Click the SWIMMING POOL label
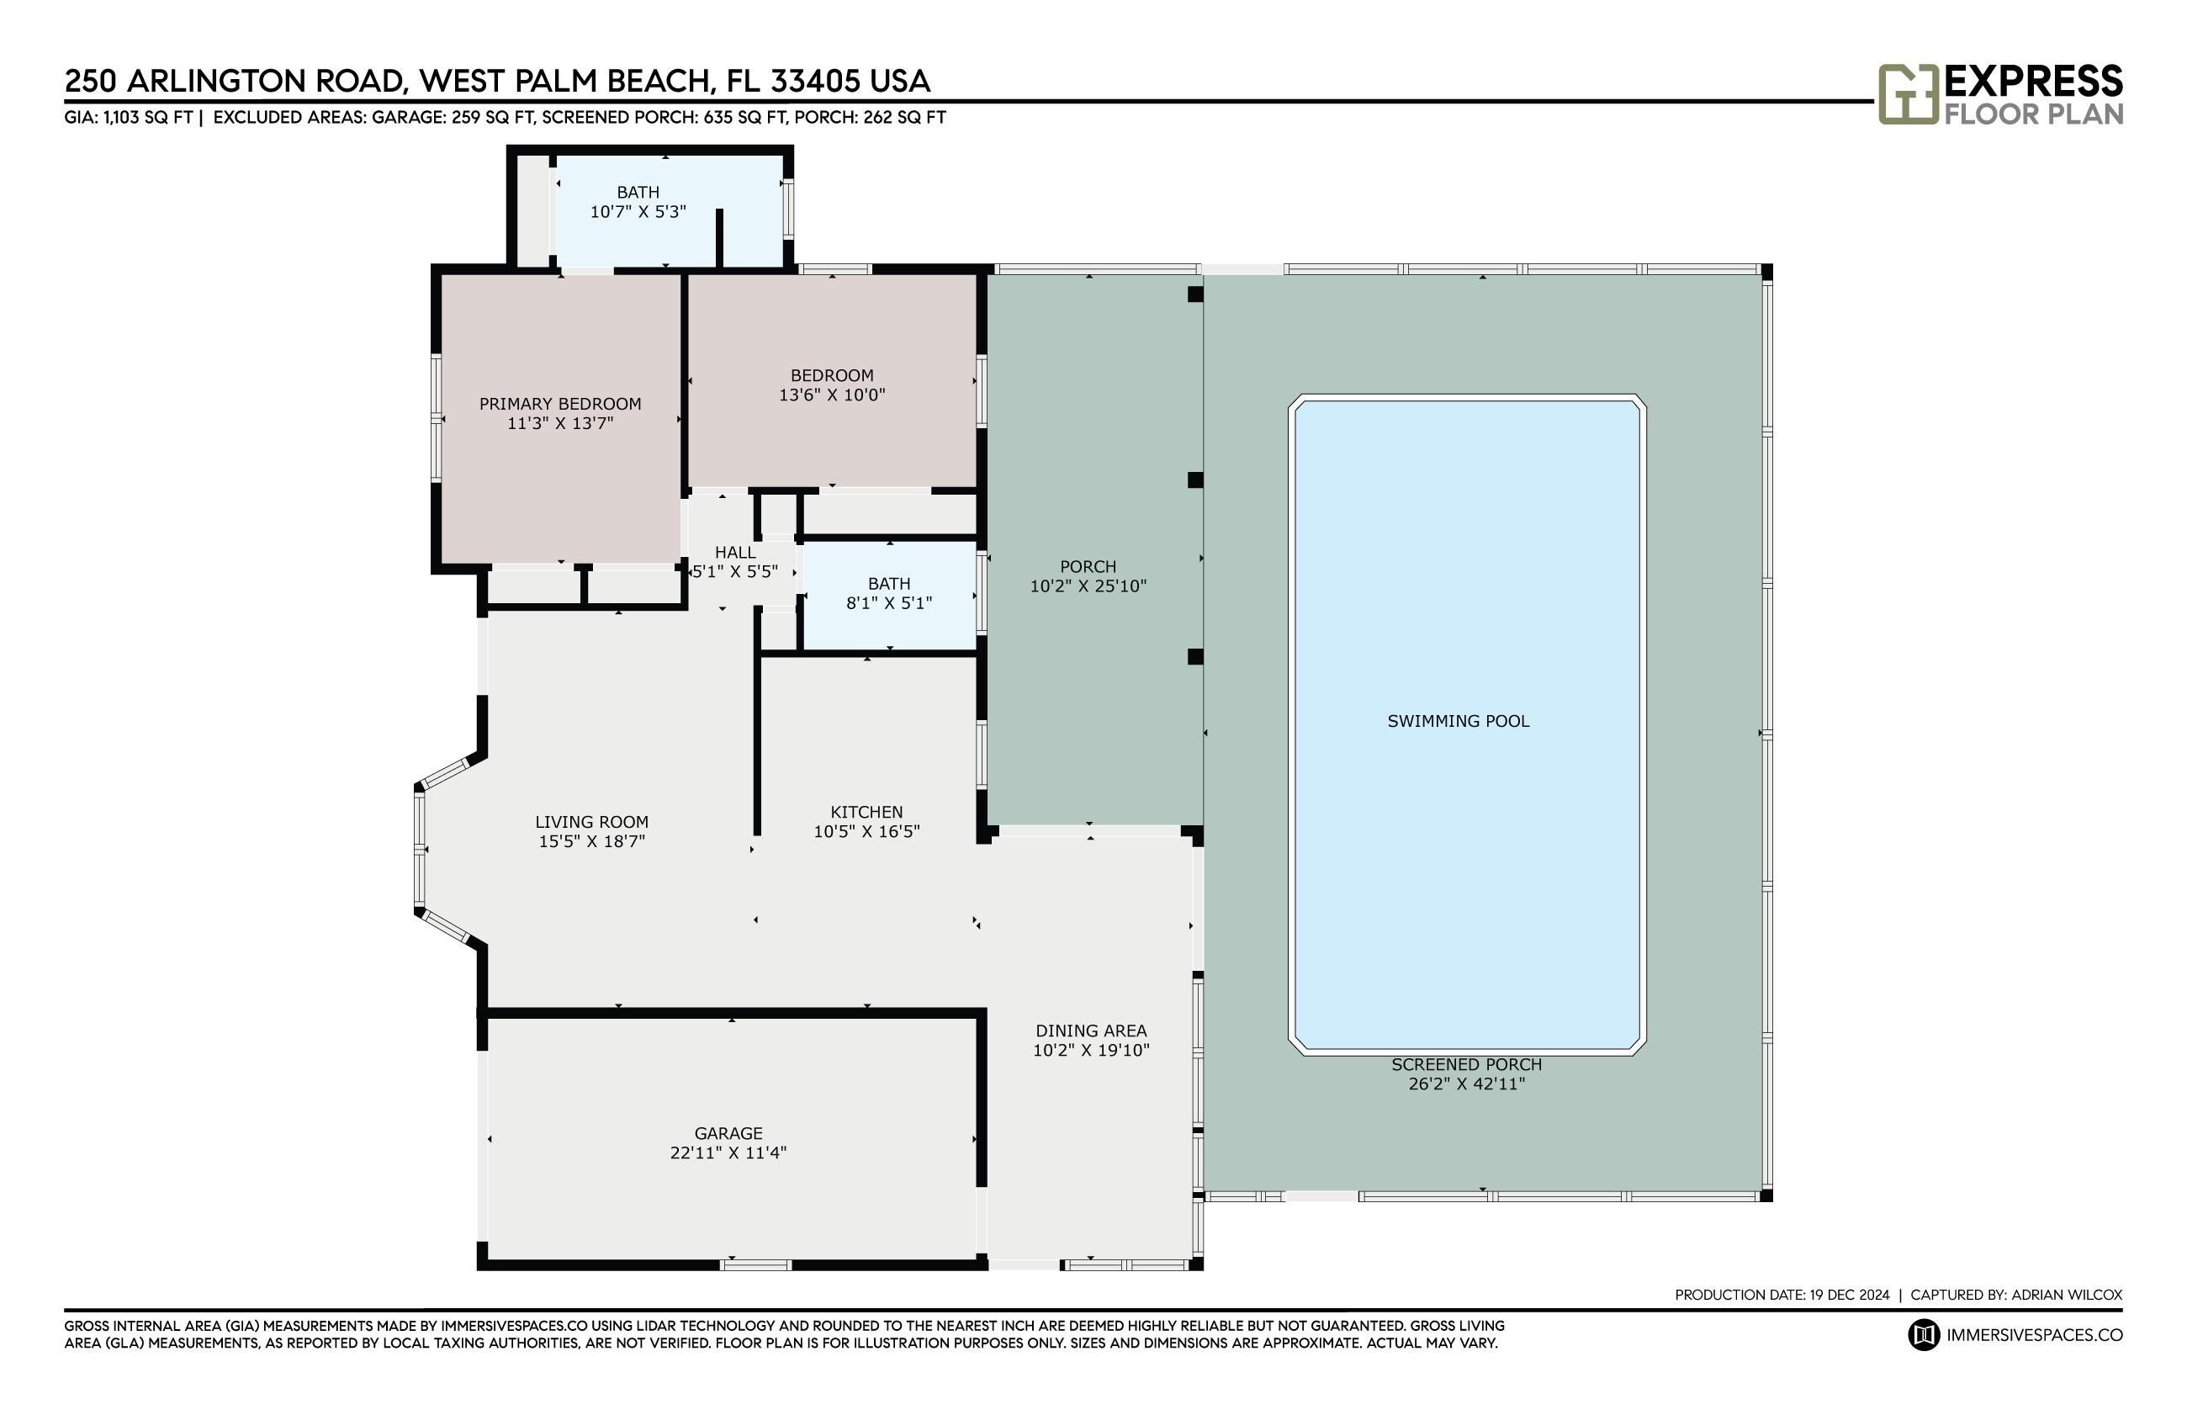point(1458,721)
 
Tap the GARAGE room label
point(728,1133)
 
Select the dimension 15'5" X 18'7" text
point(591,841)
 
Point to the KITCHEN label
point(866,811)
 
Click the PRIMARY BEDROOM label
point(559,403)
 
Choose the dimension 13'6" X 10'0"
point(831,395)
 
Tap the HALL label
point(735,552)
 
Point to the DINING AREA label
point(1090,1031)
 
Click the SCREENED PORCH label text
point(1466,1064)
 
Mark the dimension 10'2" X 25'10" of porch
point(1088,586)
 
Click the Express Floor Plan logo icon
point(1907,93)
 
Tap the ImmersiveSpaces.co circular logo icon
point(1924,1335)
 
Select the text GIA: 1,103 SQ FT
point(129,118)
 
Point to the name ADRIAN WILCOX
point(2066,1295)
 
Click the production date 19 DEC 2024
point(1849,1295)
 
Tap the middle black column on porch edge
point(1195,480)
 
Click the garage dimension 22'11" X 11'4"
point(728,1153)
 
